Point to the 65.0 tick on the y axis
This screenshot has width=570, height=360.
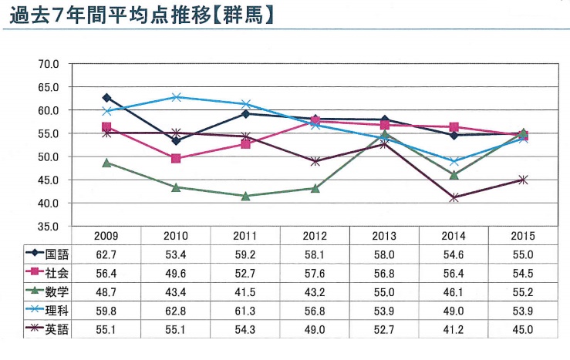(x=49, y=87)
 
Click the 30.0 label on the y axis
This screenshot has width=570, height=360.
(x=49, y=227)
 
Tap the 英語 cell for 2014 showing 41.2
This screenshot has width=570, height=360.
(x=454, y=331)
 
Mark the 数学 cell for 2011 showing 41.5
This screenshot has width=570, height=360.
(x=245, y=292)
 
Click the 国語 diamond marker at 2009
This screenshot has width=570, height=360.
(x=106, y=98)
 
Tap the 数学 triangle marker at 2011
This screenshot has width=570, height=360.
(x=245, y=196)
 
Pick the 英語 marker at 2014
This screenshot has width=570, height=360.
(x=454, y=197)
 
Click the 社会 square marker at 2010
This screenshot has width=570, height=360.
(x=176, y=158)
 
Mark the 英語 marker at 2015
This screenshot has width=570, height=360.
(x=523, y=180)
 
